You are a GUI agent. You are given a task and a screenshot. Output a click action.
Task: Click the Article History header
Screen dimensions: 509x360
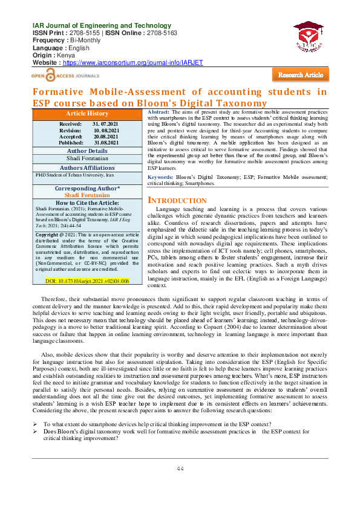coord(87,114)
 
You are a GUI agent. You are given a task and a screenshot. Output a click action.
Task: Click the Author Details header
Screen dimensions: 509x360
coord(87,151)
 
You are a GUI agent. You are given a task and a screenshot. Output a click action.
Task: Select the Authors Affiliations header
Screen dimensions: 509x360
coord(87,167)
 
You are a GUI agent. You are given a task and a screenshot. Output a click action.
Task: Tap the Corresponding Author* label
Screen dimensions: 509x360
coord(87,189)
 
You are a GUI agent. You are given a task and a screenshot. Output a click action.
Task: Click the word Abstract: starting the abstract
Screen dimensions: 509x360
coord(159,113)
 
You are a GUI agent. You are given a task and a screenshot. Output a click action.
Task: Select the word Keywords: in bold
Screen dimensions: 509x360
coord(160,160)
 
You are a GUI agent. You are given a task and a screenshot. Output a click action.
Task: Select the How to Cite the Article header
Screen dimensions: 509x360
coord(87,203)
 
